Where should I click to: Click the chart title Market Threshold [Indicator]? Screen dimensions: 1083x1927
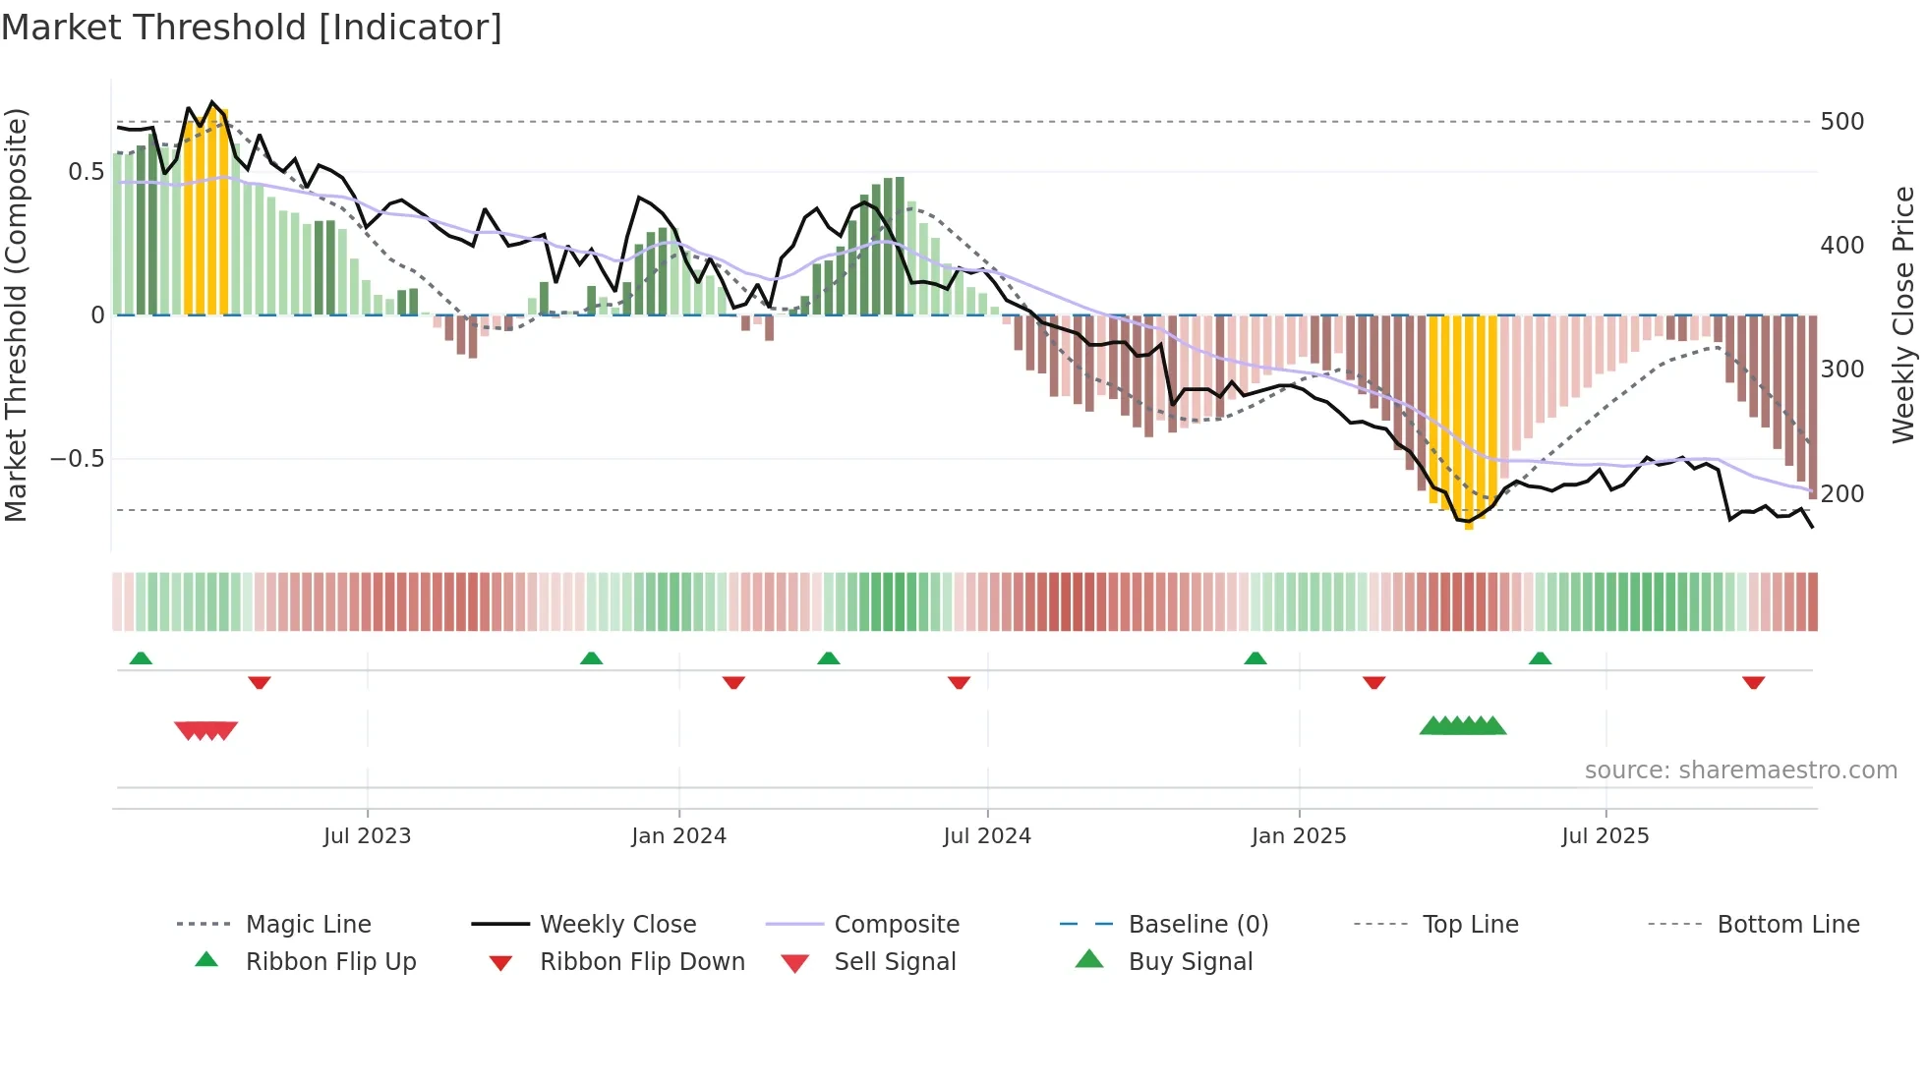click(x=252, y=28)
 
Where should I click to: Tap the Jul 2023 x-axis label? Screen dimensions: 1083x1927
click(x=367, y=836)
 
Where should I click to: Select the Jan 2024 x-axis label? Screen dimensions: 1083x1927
click(x=678, y=836)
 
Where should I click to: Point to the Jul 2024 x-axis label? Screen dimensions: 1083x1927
click(x=987, y=836)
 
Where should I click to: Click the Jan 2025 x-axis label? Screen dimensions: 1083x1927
click(x=1299, y=836)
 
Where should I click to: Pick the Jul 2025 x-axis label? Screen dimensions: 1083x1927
click(x=1606, y=836)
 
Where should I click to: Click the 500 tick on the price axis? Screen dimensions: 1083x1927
click(x=1841, y=122)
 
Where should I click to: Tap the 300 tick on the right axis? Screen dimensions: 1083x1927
click(x=1841, y=370)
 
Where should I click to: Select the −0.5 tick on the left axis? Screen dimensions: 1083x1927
click(x=77, y=459)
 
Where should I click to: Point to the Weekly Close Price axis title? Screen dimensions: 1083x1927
click(x=1903, y=314)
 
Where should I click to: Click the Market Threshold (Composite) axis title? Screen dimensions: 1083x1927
click(x=16, y=314)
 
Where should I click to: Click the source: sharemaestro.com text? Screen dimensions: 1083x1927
click(x=1740, y=770)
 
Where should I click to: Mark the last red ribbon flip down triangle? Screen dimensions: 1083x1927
click(x=1753, y=682)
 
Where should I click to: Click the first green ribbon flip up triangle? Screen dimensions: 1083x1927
click(x=141, y=658)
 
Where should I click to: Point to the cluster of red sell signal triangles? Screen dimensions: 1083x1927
click(x=206, y=730)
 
